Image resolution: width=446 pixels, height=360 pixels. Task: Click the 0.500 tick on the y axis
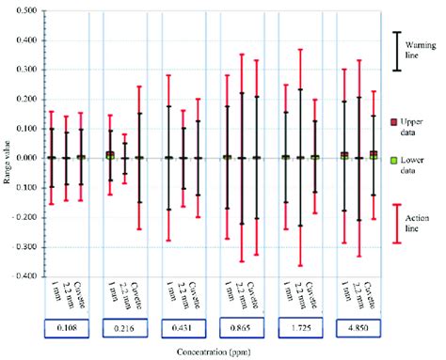tap(22, 10)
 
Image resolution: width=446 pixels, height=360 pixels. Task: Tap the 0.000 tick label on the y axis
tap(22, 158)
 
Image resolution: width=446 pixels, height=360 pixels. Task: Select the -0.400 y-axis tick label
tap(20, 277)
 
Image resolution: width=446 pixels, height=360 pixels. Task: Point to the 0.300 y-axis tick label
tap(22, 70)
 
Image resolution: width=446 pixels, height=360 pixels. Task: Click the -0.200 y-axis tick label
tap(20, 218)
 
